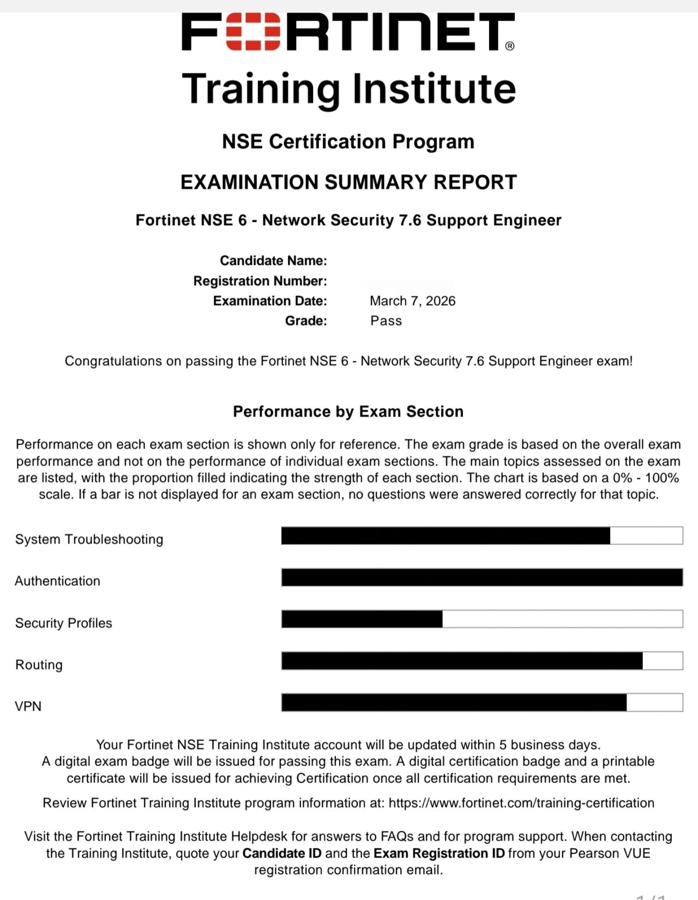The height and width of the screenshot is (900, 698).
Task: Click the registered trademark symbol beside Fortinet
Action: [510, 46]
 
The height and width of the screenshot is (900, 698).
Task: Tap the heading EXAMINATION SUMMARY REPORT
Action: [348, 182]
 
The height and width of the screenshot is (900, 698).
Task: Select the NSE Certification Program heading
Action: [348, 142]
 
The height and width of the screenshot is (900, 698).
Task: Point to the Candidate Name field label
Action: [273, 261]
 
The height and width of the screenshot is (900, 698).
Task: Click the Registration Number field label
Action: [260, 281]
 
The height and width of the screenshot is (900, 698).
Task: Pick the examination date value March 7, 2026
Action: [412, 301]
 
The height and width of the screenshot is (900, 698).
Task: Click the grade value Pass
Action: [386, 321]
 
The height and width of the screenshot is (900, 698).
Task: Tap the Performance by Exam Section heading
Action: [348, 412]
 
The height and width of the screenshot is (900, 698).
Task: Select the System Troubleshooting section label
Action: [89, 539]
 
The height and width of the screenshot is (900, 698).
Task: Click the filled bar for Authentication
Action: [482, 577]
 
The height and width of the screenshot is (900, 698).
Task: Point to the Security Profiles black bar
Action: [362, 619]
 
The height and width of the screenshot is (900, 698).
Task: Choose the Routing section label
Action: [39, 665]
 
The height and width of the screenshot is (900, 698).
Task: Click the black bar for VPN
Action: [454, 703]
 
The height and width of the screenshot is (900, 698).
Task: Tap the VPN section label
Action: [28, 706]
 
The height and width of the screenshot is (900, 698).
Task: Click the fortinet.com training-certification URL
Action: [521, 803]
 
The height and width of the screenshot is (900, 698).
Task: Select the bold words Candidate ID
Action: [281, 853]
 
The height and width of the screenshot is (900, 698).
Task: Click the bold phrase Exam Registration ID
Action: [439, 853]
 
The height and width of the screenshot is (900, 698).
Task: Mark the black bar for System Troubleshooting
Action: [446, 536]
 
